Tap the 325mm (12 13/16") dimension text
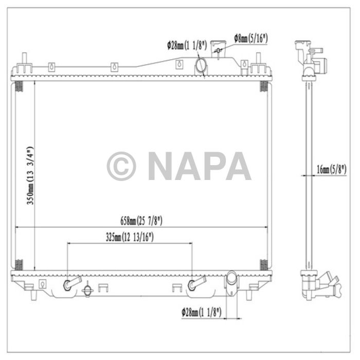tap(129, 237)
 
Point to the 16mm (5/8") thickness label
tap(332, 169)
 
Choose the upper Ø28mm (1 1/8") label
tap(187, 46)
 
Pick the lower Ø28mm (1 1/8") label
tap(201, 311)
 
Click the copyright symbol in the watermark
tap(121, 166)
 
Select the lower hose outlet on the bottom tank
tap(231, 281)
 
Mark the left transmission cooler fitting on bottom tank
tap(69, 285)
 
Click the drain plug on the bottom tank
tap(88, 291)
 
